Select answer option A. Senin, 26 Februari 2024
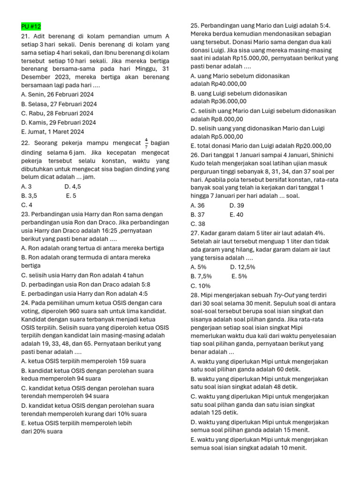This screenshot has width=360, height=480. click(x=58, y=94)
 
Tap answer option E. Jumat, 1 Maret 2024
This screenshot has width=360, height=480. click(x=52, y=132)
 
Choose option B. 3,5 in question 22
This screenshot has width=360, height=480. click(x=29, y=196)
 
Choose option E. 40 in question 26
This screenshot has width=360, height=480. click(x=237, y=214)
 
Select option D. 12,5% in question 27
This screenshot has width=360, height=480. click(x=242, y=267)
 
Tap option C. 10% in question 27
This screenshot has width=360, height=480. click(x=201, y=285)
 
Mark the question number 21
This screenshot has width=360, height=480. click(x=26, y=36)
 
